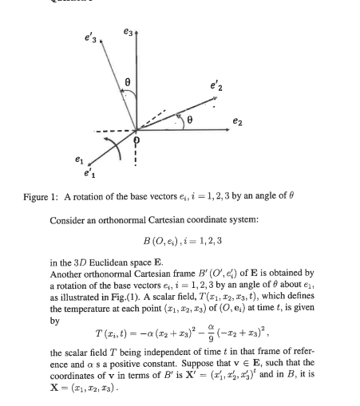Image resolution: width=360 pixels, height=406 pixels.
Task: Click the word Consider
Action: point(69,218)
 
